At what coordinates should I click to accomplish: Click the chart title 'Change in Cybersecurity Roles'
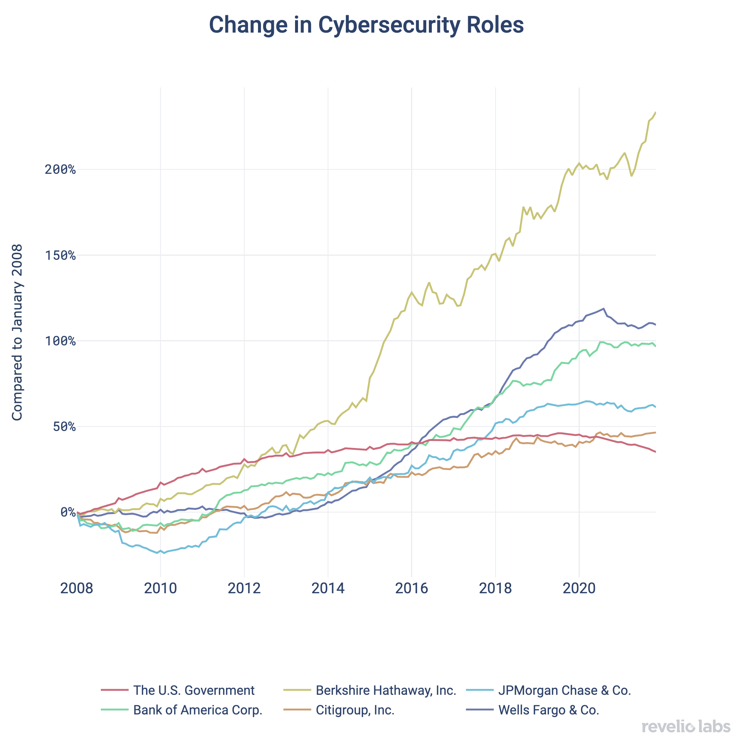[366, 25]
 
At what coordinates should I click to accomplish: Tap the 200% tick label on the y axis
[60, 169]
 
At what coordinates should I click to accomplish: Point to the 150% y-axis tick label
[60, 255]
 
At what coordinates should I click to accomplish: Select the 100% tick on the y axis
[60, 341]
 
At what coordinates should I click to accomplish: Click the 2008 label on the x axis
[77, 588]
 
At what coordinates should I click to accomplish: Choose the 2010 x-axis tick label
[160, 588]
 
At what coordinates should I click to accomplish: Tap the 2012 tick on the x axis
[244, 588]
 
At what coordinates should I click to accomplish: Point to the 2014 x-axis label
[328, 588]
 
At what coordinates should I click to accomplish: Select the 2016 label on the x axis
[411, 588]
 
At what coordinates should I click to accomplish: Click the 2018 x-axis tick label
[495, 588]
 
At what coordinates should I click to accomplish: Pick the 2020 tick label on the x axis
[579, 588]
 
